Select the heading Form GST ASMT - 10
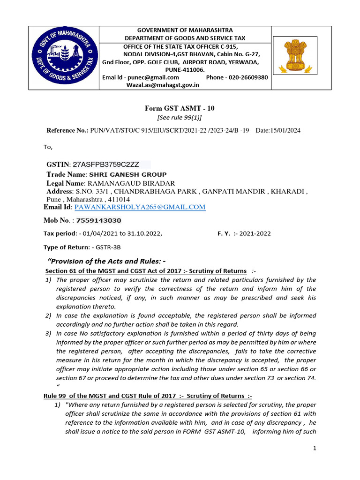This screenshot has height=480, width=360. coord(180,108)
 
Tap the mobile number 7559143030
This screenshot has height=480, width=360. coord(98,220)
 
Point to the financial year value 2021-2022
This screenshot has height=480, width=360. coord(255,233)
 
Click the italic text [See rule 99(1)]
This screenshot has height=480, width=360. coord(180,117)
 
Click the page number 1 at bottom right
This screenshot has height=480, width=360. coord(315,449)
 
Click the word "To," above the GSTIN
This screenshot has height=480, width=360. coord(49,147)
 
